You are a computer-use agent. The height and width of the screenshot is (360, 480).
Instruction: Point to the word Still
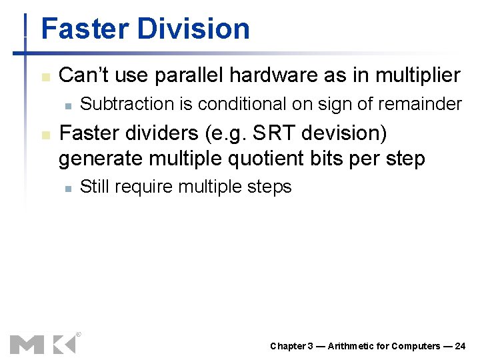(95, 187)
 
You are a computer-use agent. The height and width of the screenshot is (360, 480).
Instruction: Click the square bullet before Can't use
(45, 77)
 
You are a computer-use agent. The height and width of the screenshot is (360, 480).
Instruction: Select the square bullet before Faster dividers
(45, 135)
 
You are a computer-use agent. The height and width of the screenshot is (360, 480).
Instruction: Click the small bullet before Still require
(68, 189)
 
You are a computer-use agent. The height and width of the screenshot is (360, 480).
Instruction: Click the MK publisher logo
(43, 343)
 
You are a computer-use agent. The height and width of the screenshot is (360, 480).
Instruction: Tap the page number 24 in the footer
(460, 346)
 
